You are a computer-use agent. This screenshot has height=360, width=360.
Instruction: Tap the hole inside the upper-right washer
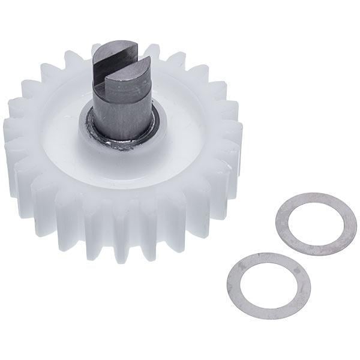click(316, 223)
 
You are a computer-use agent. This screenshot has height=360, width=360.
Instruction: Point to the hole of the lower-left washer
click(268, 284)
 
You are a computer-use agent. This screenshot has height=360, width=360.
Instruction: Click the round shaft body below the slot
click(123, 111)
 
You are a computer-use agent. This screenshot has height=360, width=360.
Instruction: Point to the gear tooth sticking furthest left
click(11, 132)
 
